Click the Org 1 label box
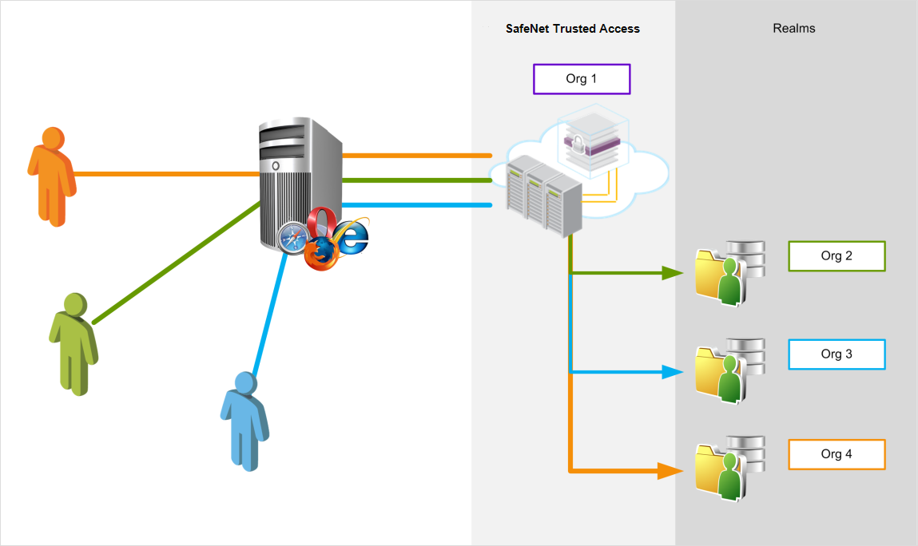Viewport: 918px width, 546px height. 582,79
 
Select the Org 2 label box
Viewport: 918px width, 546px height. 837,256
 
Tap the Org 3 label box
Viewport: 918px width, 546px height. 837,354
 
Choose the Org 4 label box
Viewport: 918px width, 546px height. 837,454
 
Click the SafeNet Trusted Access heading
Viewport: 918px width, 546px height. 573,29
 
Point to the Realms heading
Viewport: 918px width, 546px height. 793,29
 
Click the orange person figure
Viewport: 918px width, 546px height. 51,176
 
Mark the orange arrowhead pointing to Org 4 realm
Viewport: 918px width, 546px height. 672,471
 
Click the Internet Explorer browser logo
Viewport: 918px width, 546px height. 352,235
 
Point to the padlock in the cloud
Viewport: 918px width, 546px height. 576,144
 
